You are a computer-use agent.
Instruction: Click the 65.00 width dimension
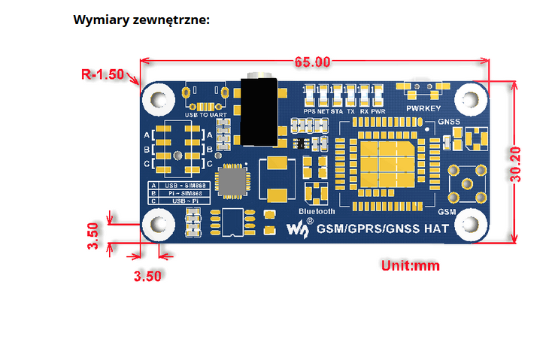click(x=312, y=62)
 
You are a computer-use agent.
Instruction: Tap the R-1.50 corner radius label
click(x=102, y=74)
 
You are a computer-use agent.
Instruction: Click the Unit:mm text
click(x=410, y=265)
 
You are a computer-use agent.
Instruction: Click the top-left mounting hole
click(x=159, y=98)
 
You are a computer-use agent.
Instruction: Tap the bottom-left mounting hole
click(x=159, y=223)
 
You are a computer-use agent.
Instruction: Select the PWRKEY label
click(x=425, y=109)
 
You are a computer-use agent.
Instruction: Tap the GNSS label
click(x=448, y=121)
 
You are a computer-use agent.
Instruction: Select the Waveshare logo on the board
click(x=300, y=228)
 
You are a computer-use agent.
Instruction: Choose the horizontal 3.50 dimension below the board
click(x=147, y=276)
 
